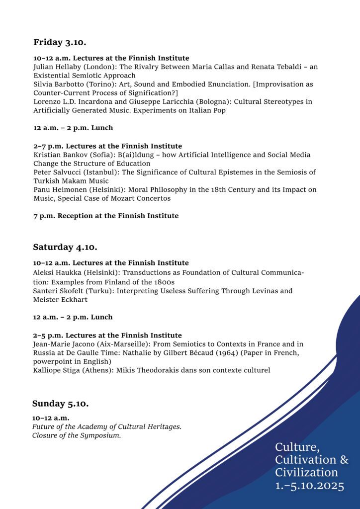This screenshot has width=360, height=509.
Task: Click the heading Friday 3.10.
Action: pos(60,42)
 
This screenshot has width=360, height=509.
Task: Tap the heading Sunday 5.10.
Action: pos(60,404)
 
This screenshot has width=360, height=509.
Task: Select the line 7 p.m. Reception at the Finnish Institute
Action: pos(106,216)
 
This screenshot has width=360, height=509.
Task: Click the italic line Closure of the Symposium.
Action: pos(77,435)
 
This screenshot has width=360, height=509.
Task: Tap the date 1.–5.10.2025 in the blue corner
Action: pos(309,486)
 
